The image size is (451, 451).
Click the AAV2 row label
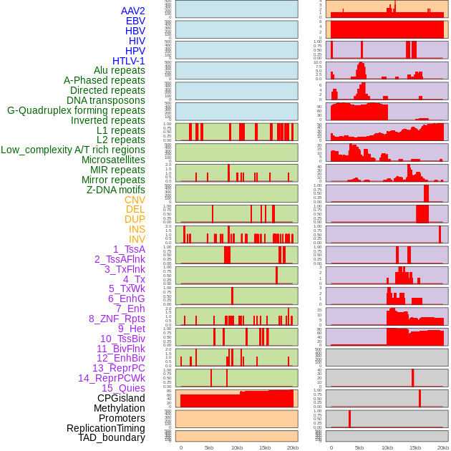tap(132, 11)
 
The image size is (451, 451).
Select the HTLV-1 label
tap(128, 61)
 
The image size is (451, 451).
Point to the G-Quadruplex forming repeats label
tap(76, 110)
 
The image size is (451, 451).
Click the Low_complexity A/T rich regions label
tap(73, 150)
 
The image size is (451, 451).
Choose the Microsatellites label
tap(113, 160)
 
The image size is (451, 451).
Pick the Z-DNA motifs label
tap(115, 190)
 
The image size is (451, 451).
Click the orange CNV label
tap(135, 200)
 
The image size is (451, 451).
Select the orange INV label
tap(136, 239)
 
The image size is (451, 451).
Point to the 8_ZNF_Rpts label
tap(117, 319)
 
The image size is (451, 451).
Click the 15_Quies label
tap(123, 388)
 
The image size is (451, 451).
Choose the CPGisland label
tap(121, 398)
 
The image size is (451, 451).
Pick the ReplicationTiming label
tap(105, 428)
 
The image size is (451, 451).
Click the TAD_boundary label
tap(111, 437)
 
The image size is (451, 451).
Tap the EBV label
tap(135, 21)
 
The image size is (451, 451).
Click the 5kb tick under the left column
tap(209, 447)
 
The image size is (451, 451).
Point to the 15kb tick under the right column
tap(415, 447)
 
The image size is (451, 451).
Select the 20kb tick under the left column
tap(292, 447)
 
